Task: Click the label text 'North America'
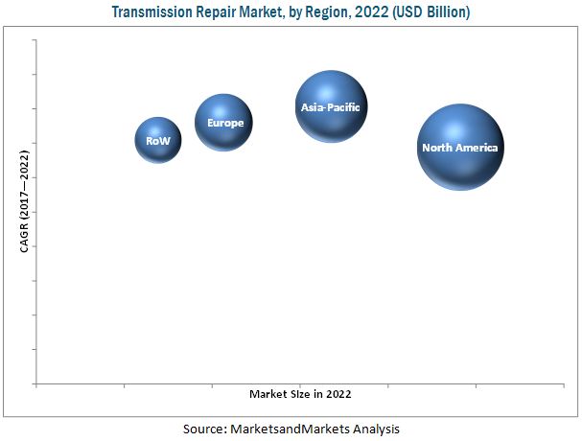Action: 460,149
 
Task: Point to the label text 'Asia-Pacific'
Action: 331,108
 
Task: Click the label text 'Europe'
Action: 225,124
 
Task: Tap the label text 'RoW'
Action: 158,142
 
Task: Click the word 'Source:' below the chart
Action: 205,429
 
